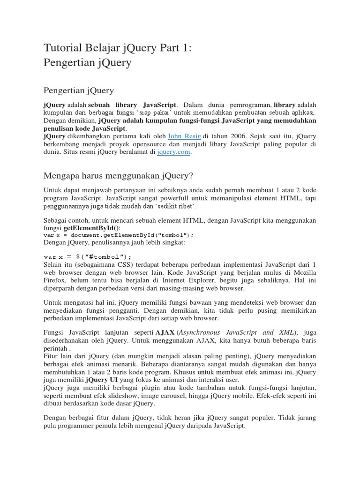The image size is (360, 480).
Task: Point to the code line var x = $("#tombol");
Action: (x=88, y=256)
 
